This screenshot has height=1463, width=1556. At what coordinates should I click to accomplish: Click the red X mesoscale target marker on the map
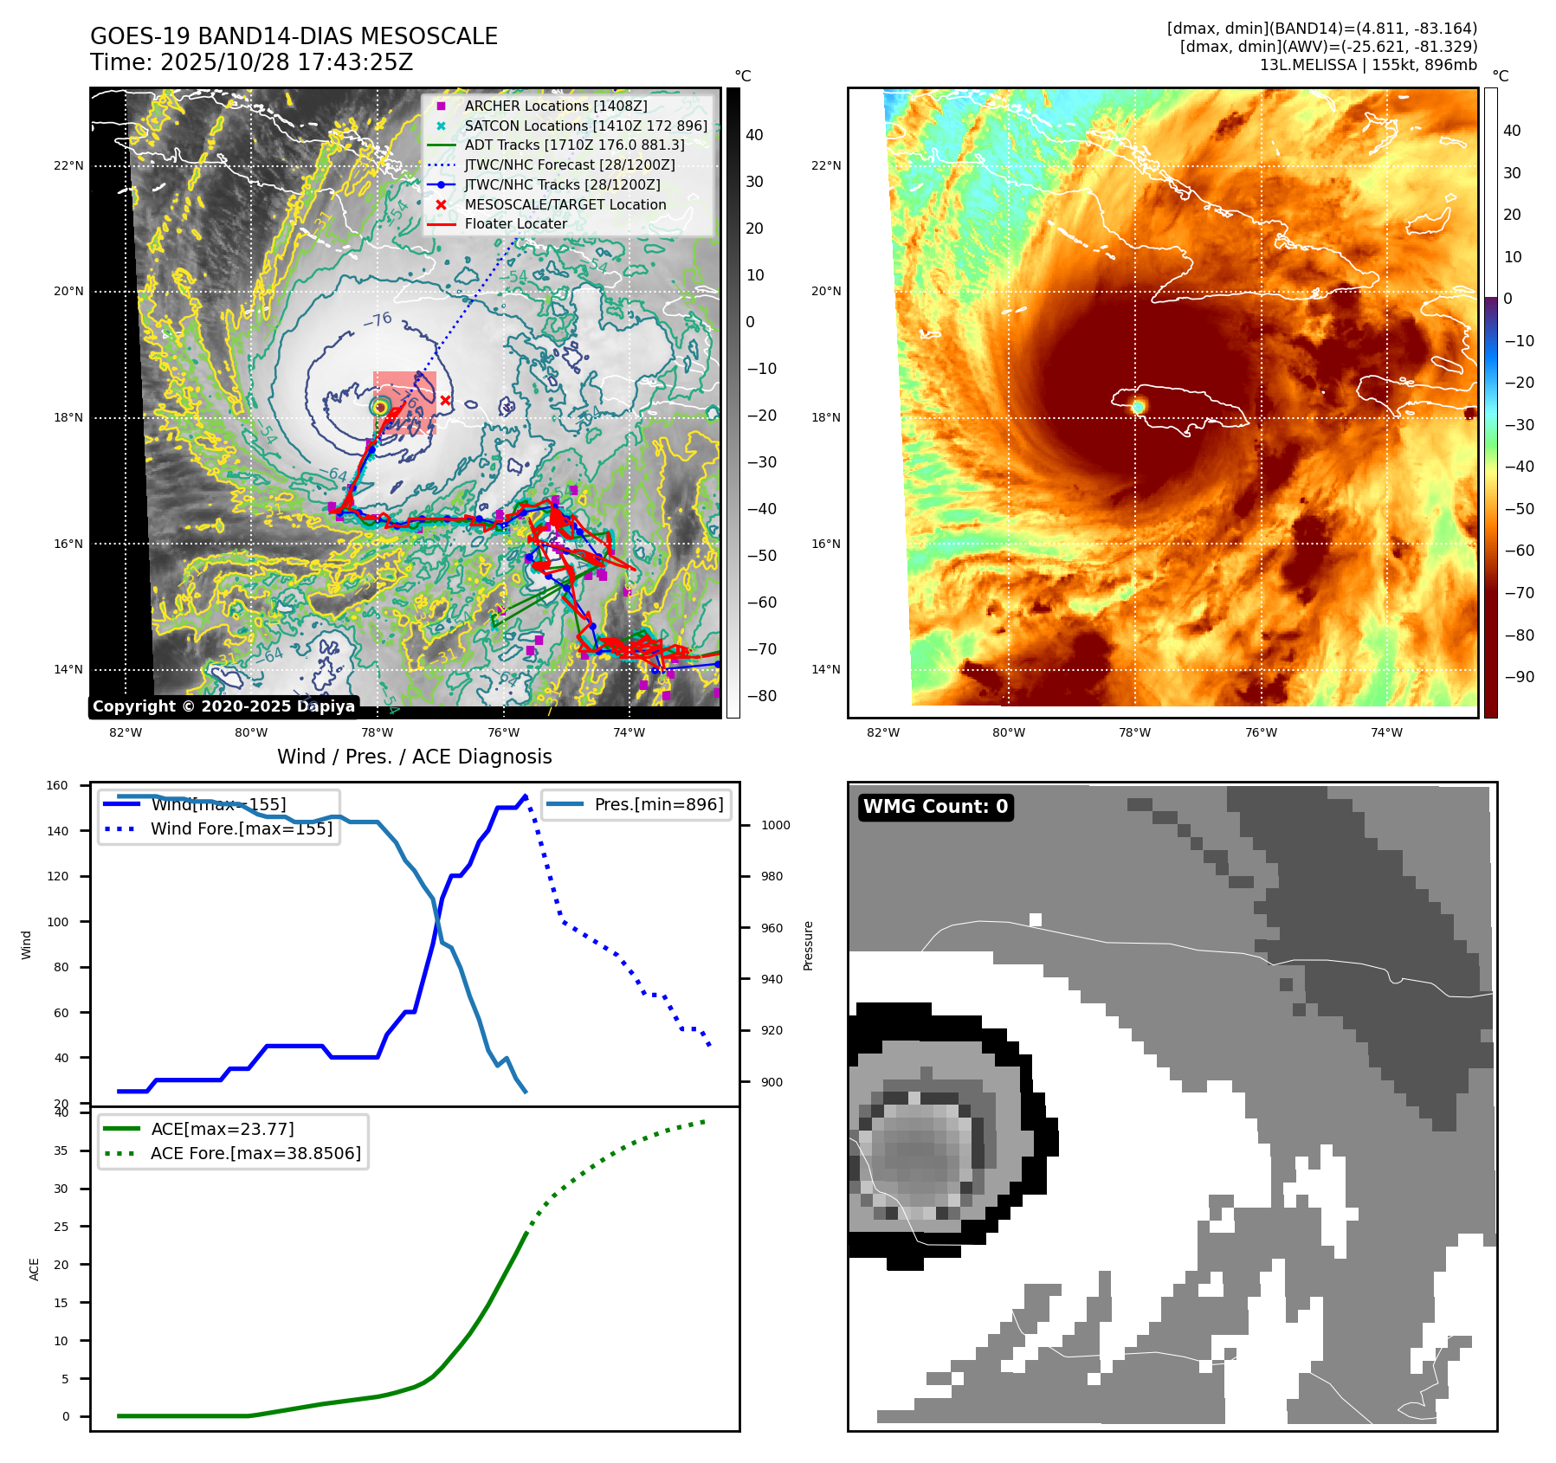(x=445, y=400)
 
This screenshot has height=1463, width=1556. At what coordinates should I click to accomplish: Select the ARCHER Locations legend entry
(x=555, y=106)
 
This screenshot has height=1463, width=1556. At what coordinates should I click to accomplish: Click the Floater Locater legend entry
(x=515, y=223)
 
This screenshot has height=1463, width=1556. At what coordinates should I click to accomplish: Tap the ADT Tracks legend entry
(x=574, y=145)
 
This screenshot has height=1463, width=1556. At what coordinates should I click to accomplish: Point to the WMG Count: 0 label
(x=935, y=807)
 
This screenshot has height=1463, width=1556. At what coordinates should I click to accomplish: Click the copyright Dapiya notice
(x=223, y=706)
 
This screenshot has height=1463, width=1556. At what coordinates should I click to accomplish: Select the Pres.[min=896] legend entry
(x=658, y=804)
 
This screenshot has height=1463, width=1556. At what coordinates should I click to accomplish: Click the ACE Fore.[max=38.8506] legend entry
(x=255, y=1153)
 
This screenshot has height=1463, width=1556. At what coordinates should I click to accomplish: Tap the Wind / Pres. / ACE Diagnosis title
(x=414, y=757)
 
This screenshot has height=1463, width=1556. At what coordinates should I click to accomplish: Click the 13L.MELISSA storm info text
(x=1367, y=65)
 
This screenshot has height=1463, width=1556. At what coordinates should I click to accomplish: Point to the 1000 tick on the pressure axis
(x=775, y=825)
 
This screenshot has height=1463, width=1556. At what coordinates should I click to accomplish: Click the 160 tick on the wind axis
(x=57, y=786)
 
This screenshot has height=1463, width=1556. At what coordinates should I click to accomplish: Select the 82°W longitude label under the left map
(x=126, y=732)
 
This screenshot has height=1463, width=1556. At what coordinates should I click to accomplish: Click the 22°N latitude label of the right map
(x=826, y=165)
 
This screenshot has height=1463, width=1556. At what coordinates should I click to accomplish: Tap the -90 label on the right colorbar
(x=1519, y=677)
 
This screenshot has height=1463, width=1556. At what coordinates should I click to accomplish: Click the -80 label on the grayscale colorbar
(x=761, y=696)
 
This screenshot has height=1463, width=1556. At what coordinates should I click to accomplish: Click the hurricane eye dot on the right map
(x=1138, y=406)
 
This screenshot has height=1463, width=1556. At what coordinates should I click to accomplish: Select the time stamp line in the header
(x=252, y=62)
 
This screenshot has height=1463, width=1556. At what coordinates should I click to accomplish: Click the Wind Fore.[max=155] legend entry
(x=241, y=828)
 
